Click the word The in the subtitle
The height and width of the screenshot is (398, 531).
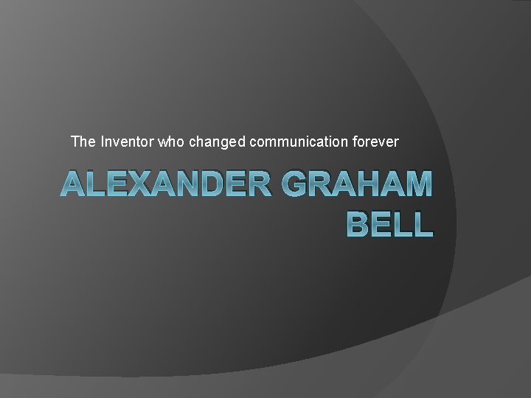tap(82, 141)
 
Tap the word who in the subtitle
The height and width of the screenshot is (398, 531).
tap(171, 141)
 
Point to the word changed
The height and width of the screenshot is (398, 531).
tap(218, 141)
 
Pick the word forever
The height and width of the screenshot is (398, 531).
tap(375, 141)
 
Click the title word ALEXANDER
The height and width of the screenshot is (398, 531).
tap(166, 184)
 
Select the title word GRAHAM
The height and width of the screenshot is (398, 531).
tap(356, 184)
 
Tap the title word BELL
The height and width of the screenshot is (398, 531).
tap(389, 223)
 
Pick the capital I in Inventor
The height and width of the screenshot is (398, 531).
tap(101, 141)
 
